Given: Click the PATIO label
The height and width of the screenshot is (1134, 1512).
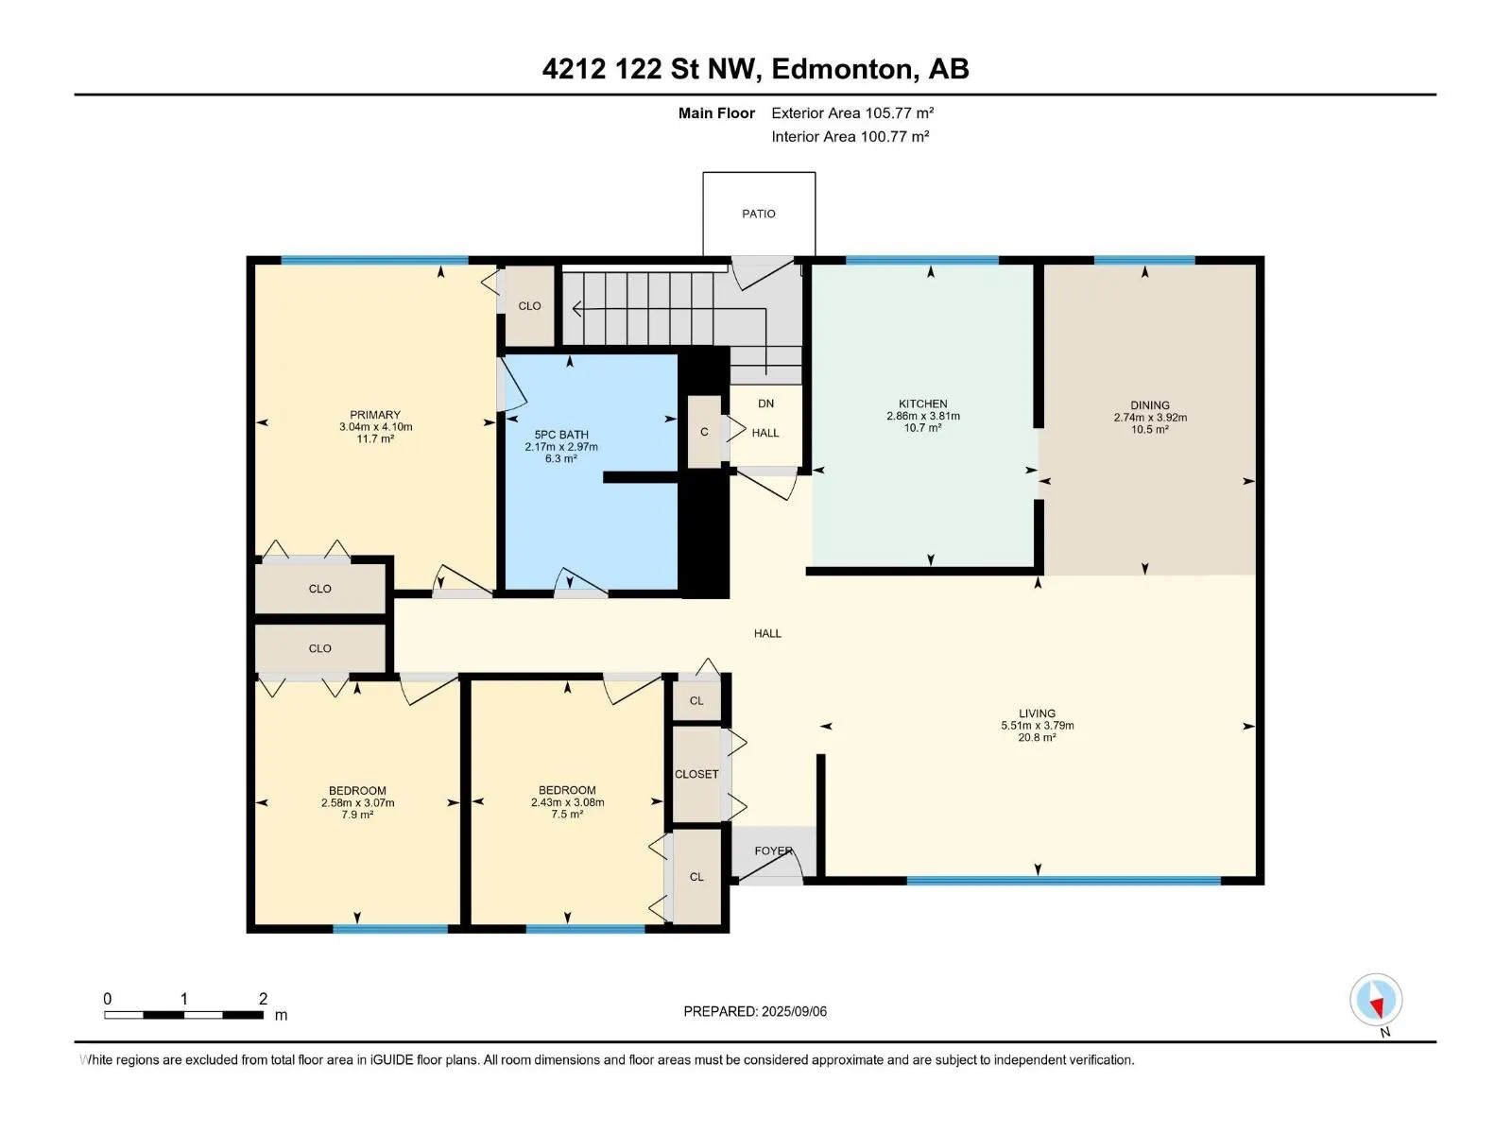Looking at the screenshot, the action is [x=759, y=215].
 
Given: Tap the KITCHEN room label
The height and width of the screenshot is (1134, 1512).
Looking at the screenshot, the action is [x=922, y=404].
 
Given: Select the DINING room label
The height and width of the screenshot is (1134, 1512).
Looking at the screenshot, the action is [x=1150, y=404].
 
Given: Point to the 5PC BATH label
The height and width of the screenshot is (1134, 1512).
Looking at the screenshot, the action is [x=561, y=435].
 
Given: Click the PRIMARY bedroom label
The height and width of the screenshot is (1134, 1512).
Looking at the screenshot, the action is [x=375, y=415].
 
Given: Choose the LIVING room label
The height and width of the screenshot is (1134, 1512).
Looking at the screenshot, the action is [x=1037, y=713].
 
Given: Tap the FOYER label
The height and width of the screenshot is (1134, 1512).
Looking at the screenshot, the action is [x=774, y=851].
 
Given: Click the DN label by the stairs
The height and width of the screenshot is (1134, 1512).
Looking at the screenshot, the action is [x=766, y=404].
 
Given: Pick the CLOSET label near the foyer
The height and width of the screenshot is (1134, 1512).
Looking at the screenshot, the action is [x=696, y=774].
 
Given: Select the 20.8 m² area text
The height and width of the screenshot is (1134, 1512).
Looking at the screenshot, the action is [x=1037, y=737].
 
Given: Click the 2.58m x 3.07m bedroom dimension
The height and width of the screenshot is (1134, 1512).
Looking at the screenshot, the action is [x=357, y=803].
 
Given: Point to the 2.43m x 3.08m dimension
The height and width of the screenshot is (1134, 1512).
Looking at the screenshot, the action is [x=568, y=802].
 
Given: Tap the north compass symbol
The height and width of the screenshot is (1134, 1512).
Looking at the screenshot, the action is [x=1376, y=1000].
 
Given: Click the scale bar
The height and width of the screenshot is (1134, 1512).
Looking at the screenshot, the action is [x=184, y=1015].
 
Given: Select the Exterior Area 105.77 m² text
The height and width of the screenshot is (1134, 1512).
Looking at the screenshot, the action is [x=852, y=112].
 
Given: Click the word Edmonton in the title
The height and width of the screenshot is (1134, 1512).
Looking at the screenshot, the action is [x=845, y=69].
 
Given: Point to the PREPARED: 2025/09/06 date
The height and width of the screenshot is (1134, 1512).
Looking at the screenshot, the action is [x=755, y=1011].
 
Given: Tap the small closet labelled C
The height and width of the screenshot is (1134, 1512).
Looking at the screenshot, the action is [x=704, y=432].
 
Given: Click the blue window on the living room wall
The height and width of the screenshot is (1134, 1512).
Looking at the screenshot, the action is [x=1063, y=880].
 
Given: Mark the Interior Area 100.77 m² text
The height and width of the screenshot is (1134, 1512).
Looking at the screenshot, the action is [x=850, y=136].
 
